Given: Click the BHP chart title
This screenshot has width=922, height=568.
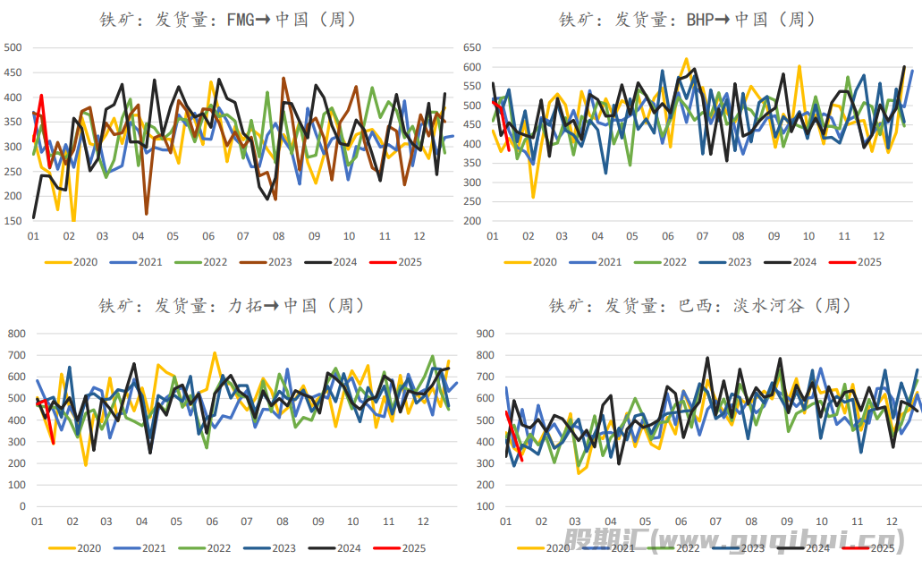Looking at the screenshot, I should click(x=686, y=19).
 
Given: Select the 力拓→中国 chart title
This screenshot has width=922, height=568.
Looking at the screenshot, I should click(x=232, y=306).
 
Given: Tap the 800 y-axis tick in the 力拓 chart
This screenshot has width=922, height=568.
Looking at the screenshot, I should click(x=17, y=334).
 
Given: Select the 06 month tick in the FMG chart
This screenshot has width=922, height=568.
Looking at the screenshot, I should click(x=208, y=236).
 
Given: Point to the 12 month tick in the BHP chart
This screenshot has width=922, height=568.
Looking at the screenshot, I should click(x=879, y=236).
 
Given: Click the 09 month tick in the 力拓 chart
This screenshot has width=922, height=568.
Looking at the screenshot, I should click(x=317, y=521).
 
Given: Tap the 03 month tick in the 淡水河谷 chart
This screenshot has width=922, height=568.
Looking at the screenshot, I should click(x=575, y=521).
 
